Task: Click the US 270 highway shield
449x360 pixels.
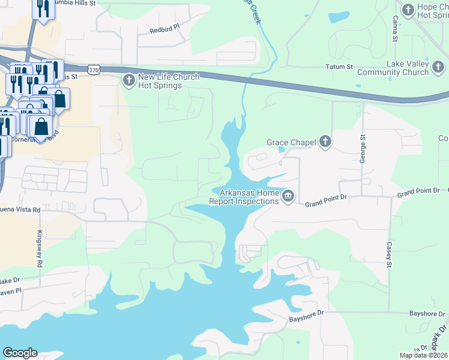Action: tap(94, 70)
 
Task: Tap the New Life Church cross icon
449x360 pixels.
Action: tap(128, 80)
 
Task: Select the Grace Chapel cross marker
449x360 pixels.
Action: tap(325, 142)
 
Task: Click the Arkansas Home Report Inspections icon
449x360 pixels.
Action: tap(288, 196)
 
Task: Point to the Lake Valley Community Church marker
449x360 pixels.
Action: tap(438, 72)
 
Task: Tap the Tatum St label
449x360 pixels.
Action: tap(339, 67)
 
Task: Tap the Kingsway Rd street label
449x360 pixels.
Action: tap(40, 248)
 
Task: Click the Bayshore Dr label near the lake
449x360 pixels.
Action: tap(306, 313)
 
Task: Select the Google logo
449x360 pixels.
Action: tap(20, 353)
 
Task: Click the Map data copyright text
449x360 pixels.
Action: tap(423, 355)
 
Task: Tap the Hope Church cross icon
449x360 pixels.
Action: tap(408, 10)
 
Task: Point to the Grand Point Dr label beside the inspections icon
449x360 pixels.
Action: tap(326, 200)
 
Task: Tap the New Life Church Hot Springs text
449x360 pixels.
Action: tap(160, 81)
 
